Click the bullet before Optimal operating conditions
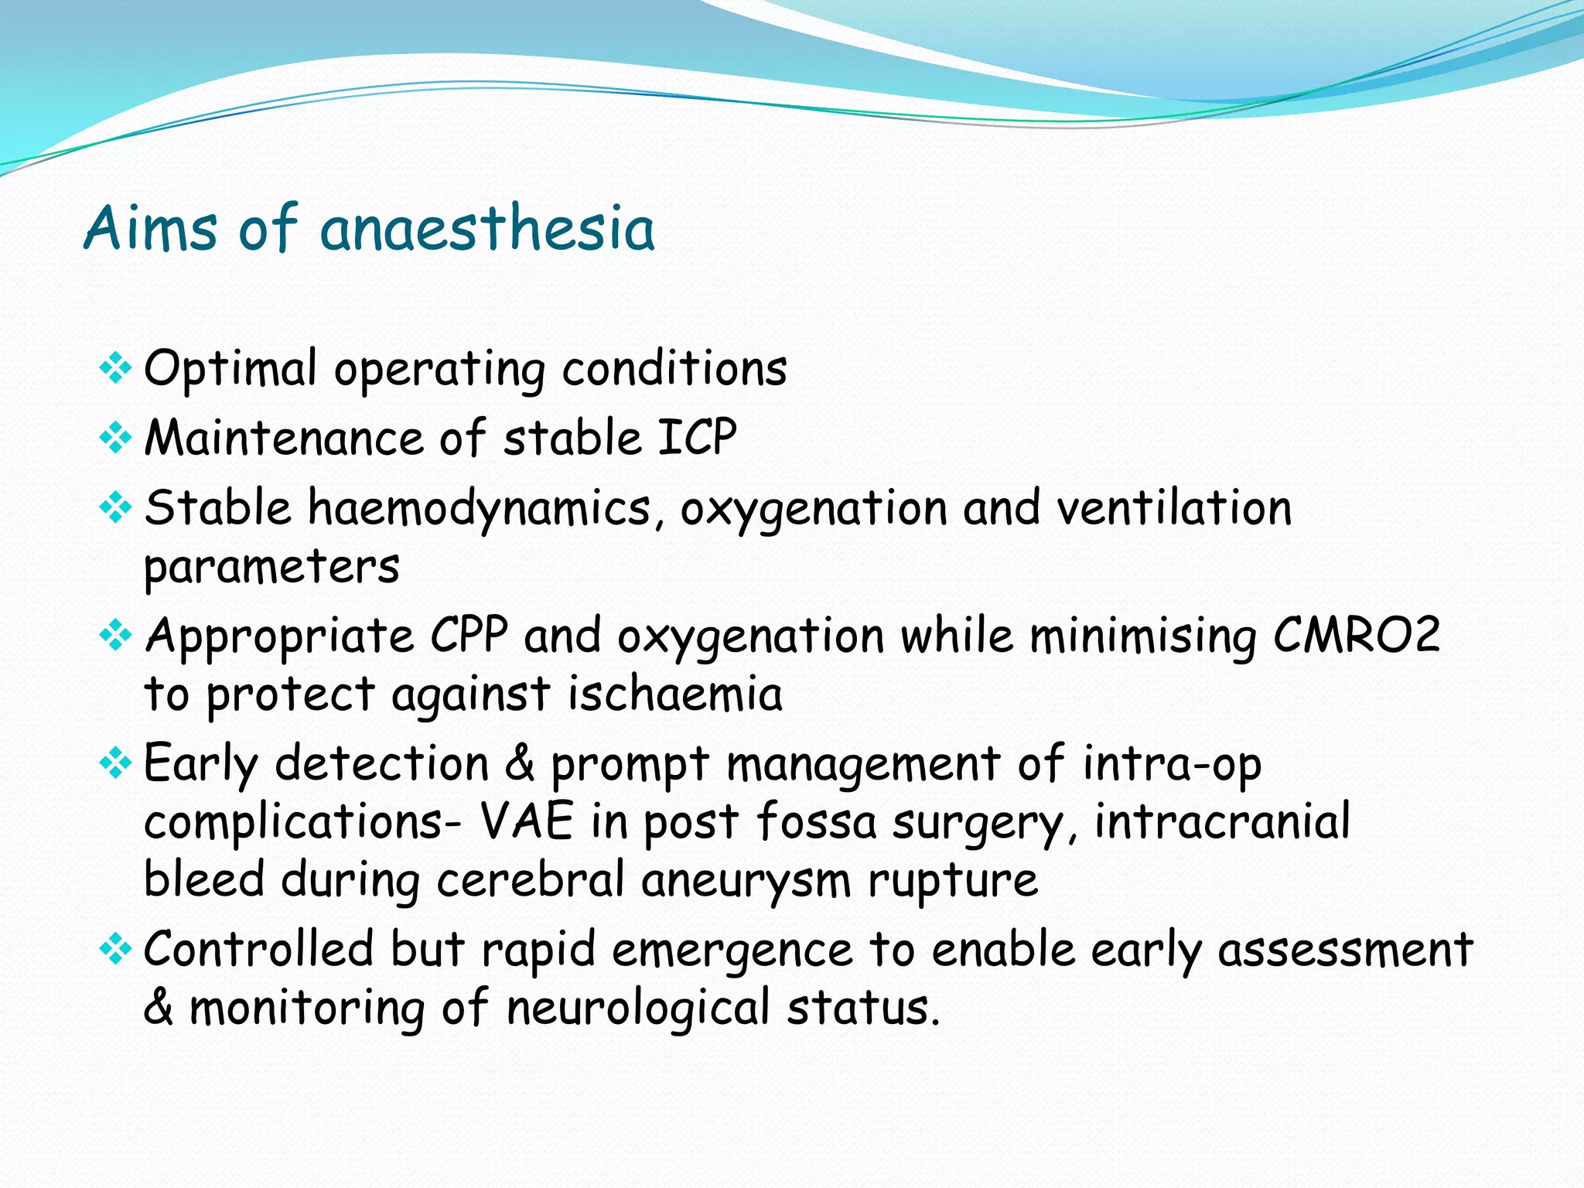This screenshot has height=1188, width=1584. coord(115,368)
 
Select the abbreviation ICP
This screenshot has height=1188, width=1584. coord(696,438)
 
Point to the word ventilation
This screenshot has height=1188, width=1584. coord(1174,509)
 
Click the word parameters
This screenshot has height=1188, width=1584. coord(271,567)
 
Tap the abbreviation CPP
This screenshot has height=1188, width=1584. coord(469,636)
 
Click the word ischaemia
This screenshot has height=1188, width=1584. coord(675,694)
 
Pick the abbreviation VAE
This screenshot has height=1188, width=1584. coord(527,821)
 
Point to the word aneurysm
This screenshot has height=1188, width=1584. coord(746,880)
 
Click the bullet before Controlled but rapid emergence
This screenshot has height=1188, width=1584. coord(115,949)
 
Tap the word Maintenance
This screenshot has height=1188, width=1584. coord(284,438)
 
